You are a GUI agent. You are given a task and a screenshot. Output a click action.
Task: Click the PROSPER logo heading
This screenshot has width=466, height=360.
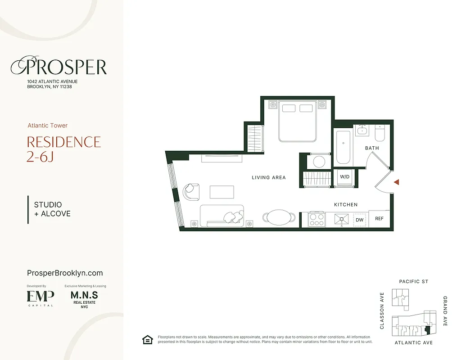59,67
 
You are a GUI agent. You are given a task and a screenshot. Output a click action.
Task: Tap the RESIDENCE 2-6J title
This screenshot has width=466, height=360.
63,149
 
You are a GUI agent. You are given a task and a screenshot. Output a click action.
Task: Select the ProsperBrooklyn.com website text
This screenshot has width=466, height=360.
65,273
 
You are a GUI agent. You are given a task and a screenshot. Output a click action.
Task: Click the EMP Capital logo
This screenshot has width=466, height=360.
40,297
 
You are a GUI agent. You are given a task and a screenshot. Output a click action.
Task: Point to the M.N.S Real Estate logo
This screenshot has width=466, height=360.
84,299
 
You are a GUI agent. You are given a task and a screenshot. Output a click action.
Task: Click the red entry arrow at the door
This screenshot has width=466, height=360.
397,182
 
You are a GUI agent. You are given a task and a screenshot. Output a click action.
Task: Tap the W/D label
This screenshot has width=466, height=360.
345,177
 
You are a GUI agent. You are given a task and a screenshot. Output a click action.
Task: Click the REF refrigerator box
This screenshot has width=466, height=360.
379,219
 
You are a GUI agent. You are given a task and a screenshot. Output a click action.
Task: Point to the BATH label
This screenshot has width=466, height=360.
372,148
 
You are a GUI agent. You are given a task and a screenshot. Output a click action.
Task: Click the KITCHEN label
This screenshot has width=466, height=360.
346,205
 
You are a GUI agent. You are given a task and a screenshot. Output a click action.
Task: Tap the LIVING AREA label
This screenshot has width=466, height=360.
269,178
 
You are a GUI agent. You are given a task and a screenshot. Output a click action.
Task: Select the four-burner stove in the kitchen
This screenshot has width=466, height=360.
317,219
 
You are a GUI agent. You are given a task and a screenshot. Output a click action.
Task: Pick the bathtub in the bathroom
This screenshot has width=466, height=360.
343,147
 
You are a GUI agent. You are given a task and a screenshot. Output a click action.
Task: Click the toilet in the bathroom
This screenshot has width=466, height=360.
380,133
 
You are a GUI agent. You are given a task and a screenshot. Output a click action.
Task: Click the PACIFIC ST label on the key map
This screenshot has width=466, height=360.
413,282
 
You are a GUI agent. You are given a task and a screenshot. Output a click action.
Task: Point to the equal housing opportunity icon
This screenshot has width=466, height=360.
148,340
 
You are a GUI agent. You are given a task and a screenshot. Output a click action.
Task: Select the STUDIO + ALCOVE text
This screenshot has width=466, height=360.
52,209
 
